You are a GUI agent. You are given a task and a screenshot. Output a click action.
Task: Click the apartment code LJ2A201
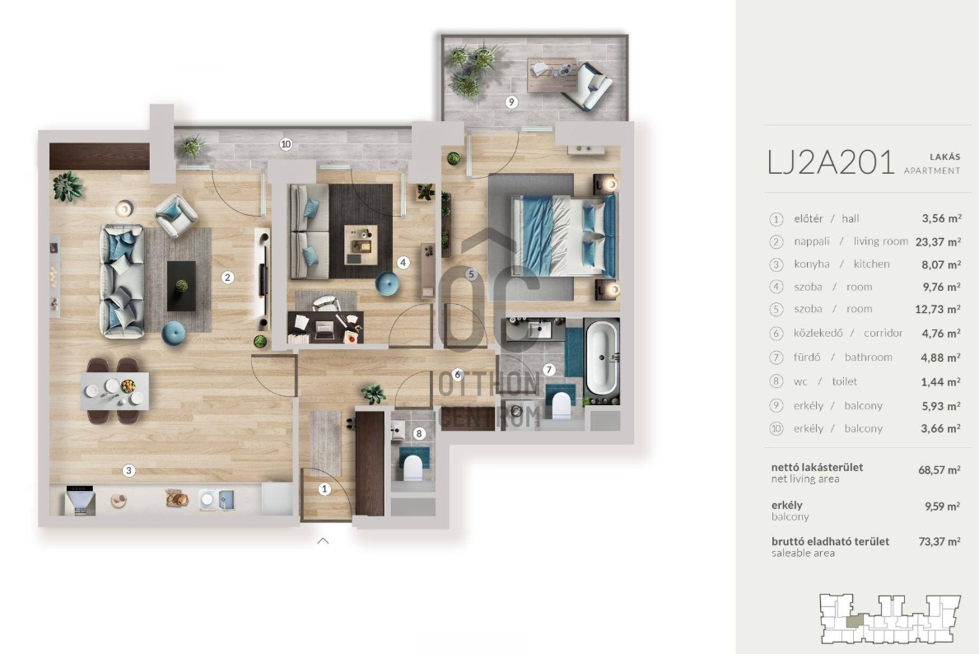point(831,162)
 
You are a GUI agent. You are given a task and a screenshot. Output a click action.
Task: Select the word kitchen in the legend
point(871,264)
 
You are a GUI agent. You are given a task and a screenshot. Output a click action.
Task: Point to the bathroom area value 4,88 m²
point(942,357)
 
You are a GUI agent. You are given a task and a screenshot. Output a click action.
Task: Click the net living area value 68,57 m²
point(939,469)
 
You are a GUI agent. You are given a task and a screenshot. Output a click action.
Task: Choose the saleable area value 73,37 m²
point(939,541)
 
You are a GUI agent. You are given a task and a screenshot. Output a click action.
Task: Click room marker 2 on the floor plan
point(227,278)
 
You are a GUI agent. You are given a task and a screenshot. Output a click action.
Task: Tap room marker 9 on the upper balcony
point(511,102)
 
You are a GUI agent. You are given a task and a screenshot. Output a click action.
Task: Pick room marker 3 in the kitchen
point(128,470)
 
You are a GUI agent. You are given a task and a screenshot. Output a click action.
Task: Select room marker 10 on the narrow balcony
point(286,144)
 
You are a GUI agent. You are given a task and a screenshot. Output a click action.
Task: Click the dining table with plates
point(115,390)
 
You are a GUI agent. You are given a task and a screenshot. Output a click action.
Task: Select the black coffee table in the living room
point(181,286)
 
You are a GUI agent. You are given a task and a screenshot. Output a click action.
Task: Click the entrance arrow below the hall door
point(323,541)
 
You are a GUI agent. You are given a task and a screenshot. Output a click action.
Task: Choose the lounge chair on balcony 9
point(587,86)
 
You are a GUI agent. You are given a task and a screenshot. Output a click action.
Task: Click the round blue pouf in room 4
point(387,284)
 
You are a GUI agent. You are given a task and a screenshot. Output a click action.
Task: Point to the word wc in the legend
point(800,381)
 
